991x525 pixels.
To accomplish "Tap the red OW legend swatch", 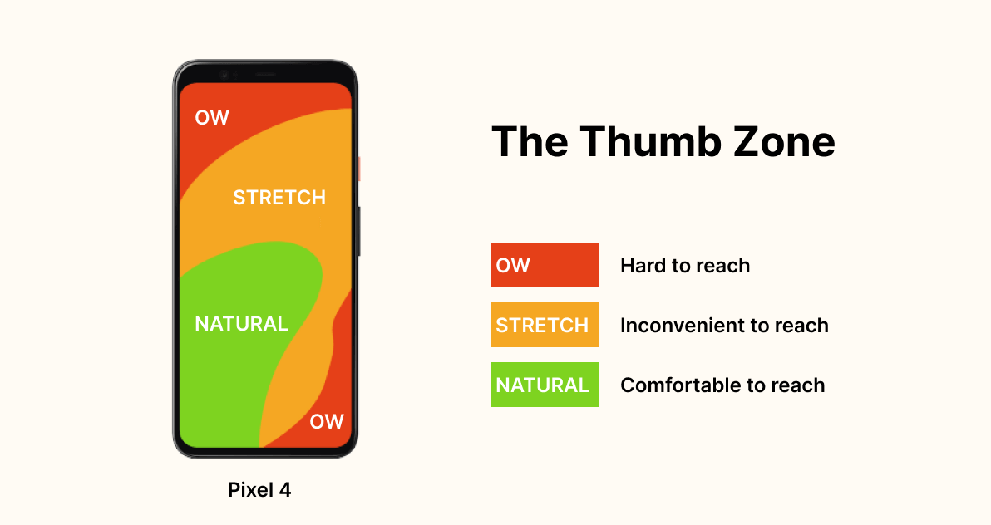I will [544, 265].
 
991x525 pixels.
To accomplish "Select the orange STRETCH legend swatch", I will [544, 325].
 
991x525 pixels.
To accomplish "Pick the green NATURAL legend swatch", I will [544, 385].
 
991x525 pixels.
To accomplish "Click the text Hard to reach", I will [685, 266].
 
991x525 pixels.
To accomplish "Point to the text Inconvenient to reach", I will [724, 326].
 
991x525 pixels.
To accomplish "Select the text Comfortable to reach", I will [722, 385].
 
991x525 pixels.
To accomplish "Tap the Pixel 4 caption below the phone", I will [259, 490].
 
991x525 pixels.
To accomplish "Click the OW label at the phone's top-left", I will [212, 118].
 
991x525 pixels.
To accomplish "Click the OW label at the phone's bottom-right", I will [327, 422].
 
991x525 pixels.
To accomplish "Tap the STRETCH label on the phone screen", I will [279, 198].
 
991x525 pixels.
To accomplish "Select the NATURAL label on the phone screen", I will [241, 324].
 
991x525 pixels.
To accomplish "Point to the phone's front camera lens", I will [224, 74].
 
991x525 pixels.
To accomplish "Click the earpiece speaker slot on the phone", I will [264, 74].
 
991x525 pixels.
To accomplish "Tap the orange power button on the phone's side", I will [358, 169].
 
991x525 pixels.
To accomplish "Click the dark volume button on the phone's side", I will [358, 231].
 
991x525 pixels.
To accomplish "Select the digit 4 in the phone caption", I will [285, 490].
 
